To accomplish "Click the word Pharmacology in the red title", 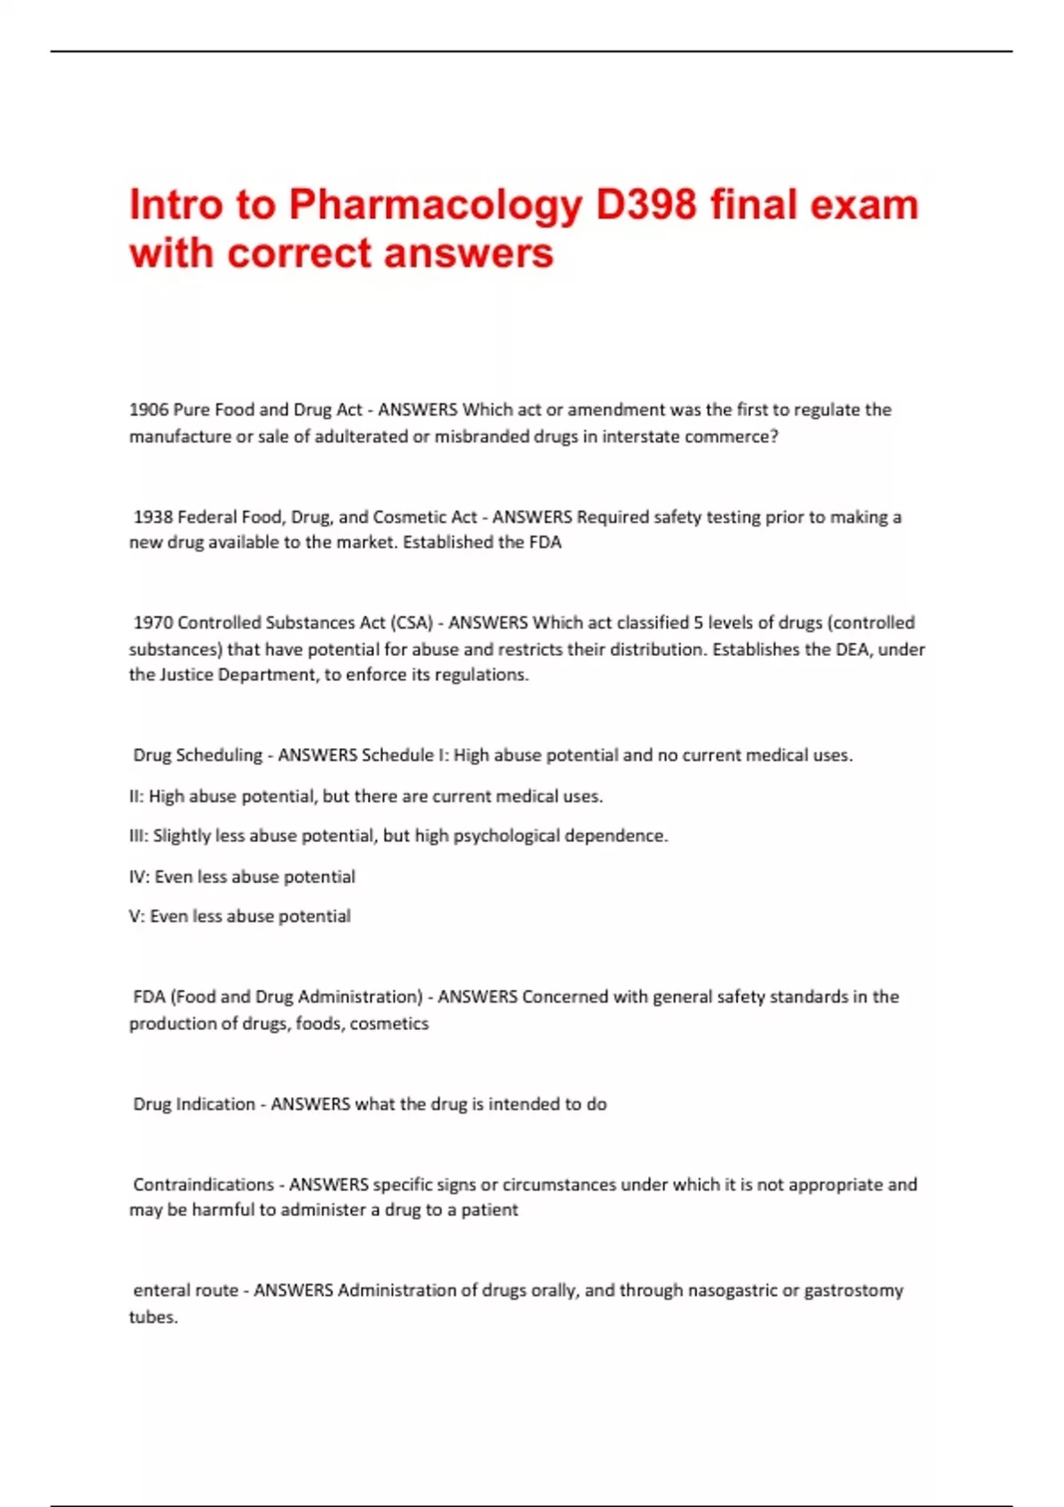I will coord(435,206).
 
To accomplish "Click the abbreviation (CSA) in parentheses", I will coord(412,622).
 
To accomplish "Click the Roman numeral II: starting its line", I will coord(137,796).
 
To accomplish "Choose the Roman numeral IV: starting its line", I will coord(139,877).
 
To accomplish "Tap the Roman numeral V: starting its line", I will coord(137,916).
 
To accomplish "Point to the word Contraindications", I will coord(203,1184).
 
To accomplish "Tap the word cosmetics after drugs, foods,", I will coord(389,1023).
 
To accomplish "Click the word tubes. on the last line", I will coord(153,1316).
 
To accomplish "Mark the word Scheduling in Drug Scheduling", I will coord(219,755).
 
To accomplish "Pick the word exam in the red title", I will coord(864,205).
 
